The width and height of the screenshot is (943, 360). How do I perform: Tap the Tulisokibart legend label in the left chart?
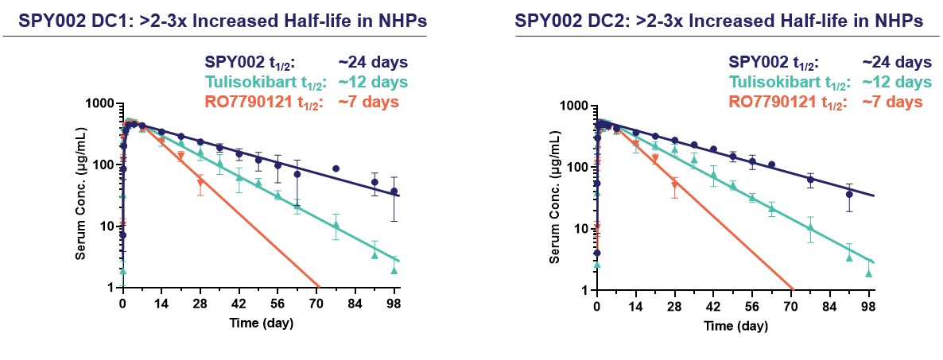258,82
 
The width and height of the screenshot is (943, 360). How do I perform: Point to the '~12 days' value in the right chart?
896,82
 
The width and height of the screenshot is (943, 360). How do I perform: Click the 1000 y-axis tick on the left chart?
100,104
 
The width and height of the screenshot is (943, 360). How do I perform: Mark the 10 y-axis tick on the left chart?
107,226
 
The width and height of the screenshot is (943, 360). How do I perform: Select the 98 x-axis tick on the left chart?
394,304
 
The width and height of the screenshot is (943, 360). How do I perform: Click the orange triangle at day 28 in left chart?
200,182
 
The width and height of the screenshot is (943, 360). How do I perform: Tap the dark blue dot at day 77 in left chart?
336,168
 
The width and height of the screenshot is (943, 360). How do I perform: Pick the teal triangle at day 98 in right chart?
868,274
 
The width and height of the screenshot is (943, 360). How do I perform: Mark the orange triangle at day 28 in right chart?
674,185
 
